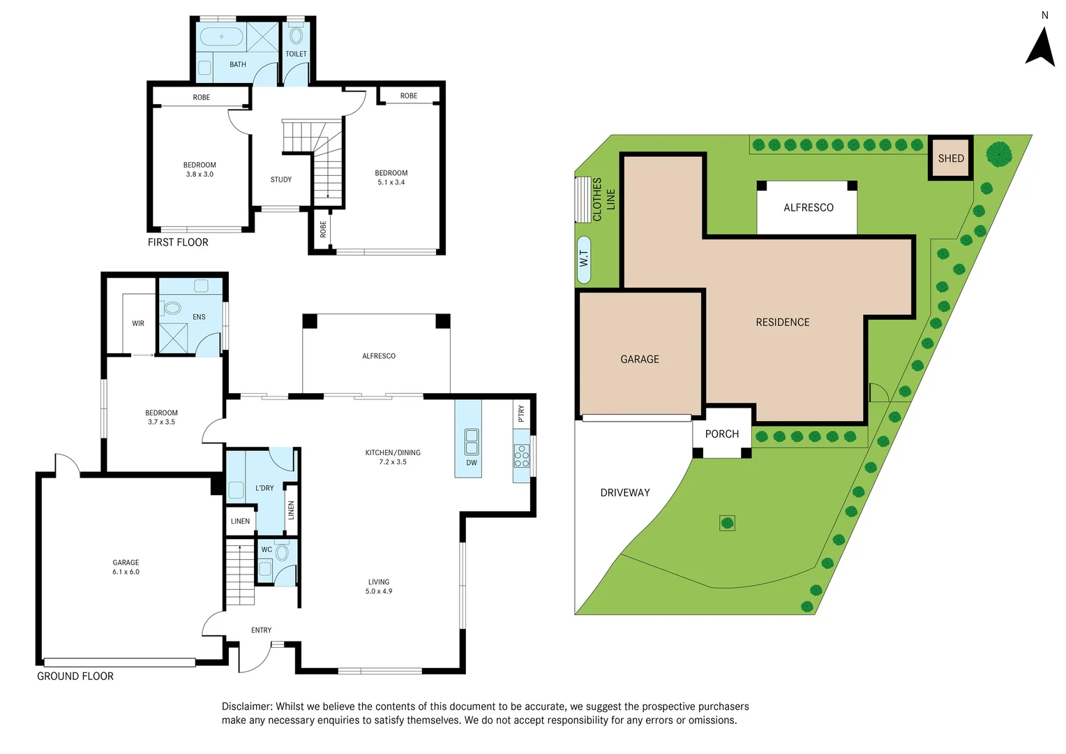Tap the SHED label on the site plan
(x=950, y=158)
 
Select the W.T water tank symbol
(x=584, y=259)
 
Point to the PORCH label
(x=721, y=434)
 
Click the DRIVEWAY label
(x=624, y=493)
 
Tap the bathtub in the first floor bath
(x=221, y=36)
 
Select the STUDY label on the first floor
(x=281, y=180)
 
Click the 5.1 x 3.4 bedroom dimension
(x=391, y=182)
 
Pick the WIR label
(x=138, y=324)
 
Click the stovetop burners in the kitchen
(x=522, y=456)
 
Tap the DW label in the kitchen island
(x=472, y=463)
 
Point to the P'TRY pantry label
(x=521, y=414)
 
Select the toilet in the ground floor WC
(x=282, y=553)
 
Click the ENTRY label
(x=262, y=630)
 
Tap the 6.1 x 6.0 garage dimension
(x=126, y=572)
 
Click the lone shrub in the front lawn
(x=727, y=523)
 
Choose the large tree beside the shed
(x=999, y=154)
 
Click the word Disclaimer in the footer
(x=246, y=707)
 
